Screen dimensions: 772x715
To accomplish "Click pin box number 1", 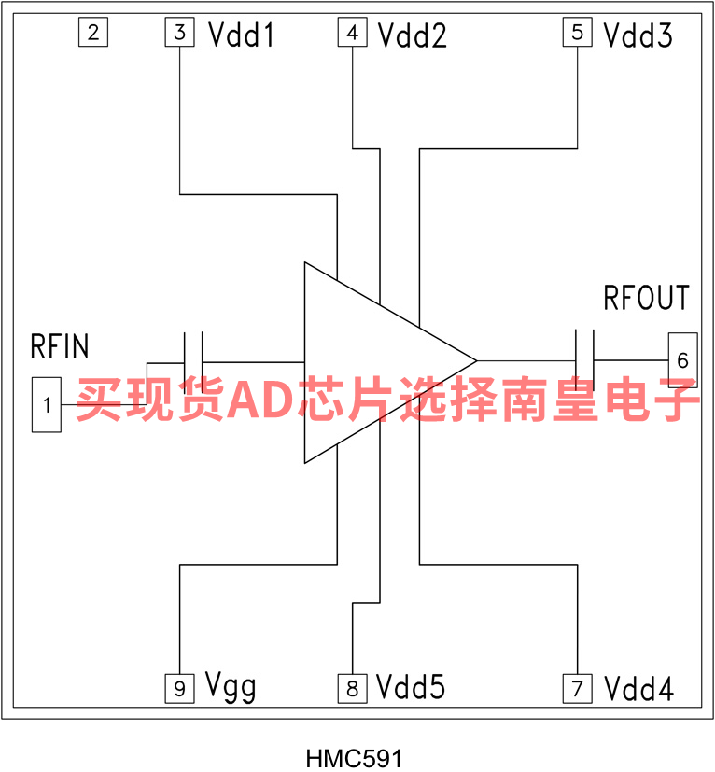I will pyautogui.click(x=47, y=404).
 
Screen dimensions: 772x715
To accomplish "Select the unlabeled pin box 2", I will pyautogui.click(x=92, y=34).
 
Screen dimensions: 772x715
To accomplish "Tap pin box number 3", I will pyautogui.click(x=179, y=34).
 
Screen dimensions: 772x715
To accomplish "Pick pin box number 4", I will pyautogui.click(x=352, y=34).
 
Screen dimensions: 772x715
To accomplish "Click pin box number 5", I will pyautogui.click(x=577, y=34).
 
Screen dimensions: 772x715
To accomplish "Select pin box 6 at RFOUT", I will pyautogui.click(x=682, y=359).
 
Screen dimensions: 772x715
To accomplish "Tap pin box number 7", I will pyautogui.click(x=577, y=689).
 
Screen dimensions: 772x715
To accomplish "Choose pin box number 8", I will pyautogui.click(x=352, y=689).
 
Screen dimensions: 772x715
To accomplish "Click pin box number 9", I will pyautogui.click(x=179, y=689).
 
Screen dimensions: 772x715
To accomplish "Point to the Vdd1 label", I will pyautogui.click(x=241, y=35).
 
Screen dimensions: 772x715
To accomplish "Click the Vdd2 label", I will pyautogui.click(x=412, y=35).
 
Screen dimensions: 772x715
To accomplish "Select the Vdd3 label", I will pyautogui.click(x=638, y=35).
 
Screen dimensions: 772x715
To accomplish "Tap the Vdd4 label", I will pyautogui.click(x=638, y=690).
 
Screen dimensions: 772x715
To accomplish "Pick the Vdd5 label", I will pyautogui.click(x=412, y=688).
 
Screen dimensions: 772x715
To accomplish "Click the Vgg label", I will pyautogui.click(x=231, y=689).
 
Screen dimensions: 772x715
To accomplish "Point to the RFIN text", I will pyautogui.click(x=61, y=347).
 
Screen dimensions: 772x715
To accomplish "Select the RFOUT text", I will pyautogui.click(x=646, y=298).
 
